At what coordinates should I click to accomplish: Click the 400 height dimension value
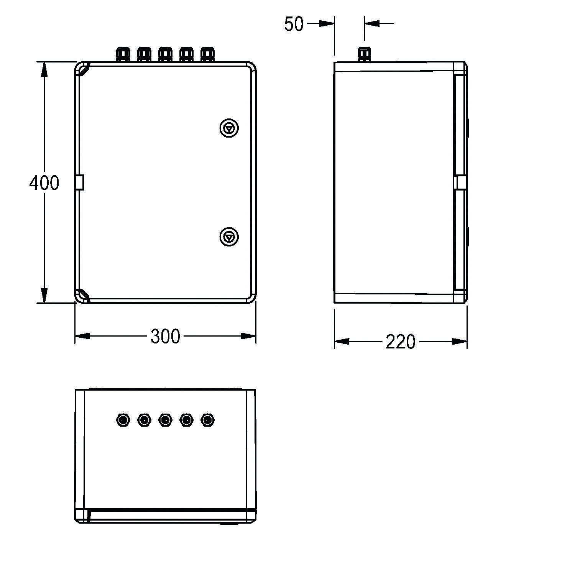pos(44,183)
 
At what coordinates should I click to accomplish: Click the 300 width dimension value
pos(165,336)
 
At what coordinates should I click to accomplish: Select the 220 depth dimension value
pos(400,342)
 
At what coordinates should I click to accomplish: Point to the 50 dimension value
pos(294,24)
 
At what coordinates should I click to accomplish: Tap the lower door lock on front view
pos(229,237)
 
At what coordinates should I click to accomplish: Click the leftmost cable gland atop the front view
pos(123,54)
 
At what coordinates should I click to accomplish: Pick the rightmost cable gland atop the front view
pos(207,54)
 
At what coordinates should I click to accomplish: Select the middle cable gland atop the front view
pos(165,54)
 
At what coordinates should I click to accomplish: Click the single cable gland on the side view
pos(364,54)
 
